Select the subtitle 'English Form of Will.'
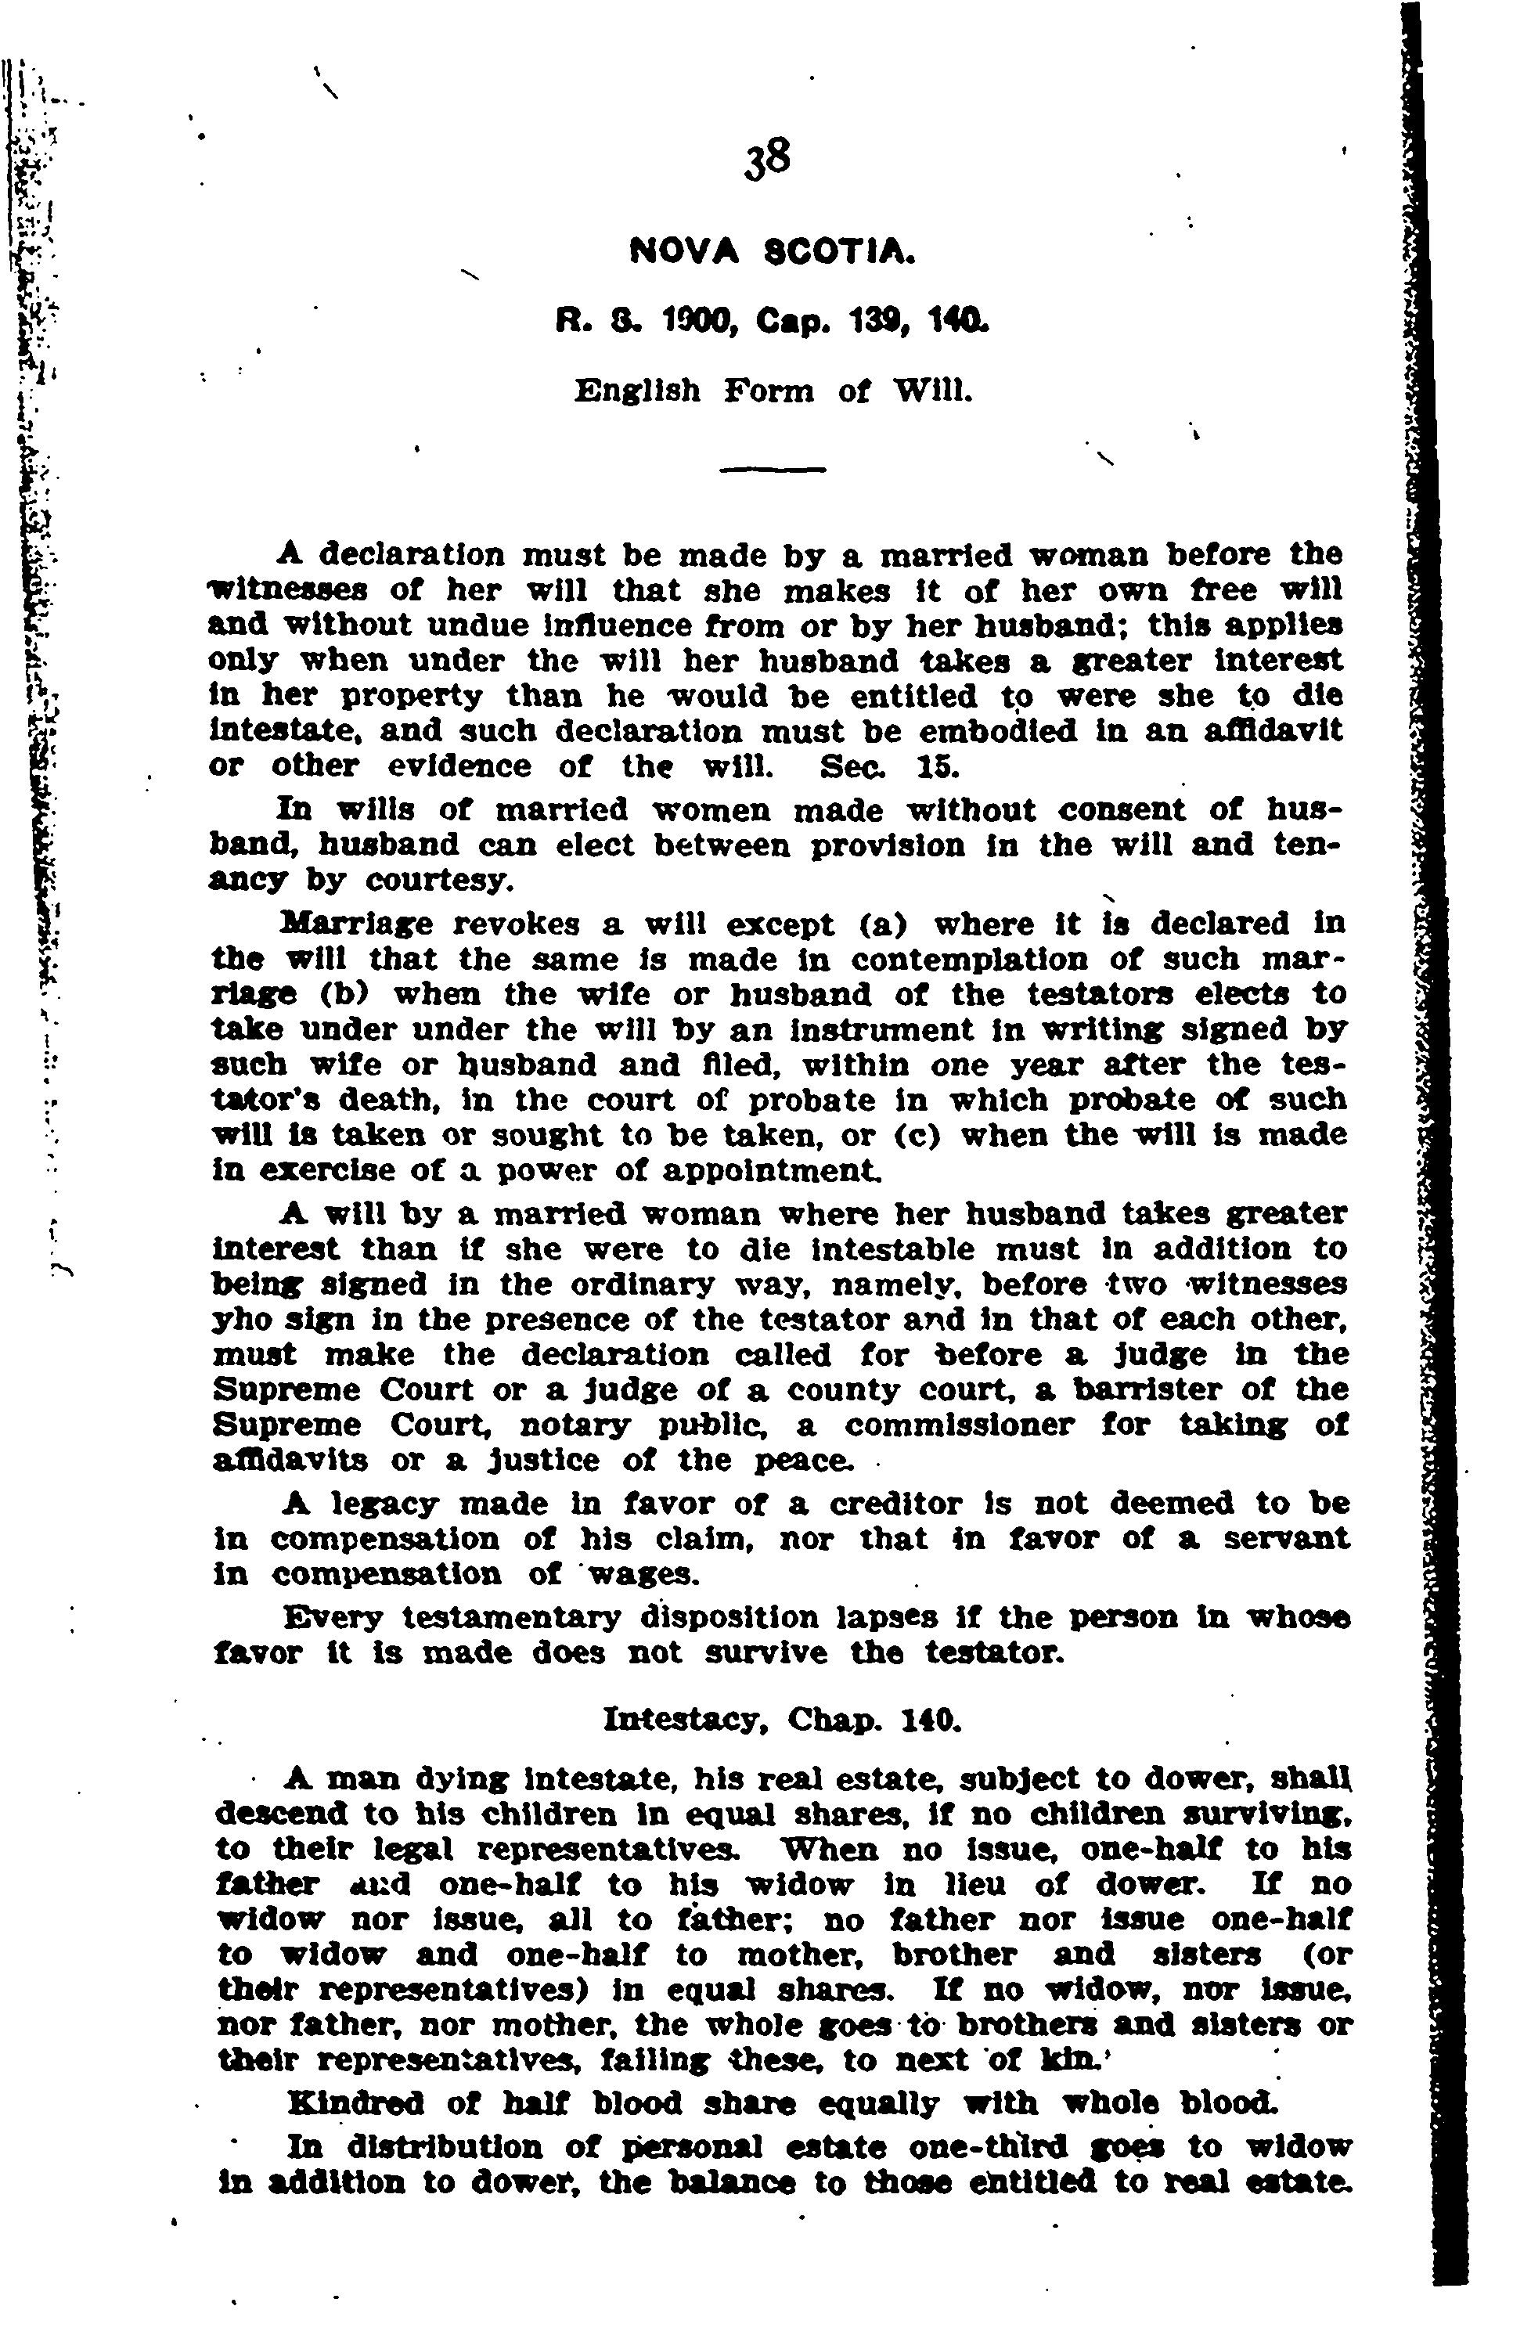pos(773,392)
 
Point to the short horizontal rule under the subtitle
pos(773,470)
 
